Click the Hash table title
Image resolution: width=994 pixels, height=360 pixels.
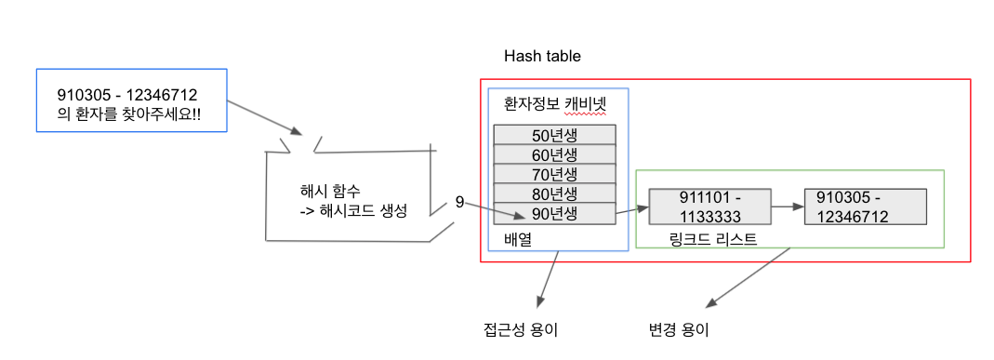(x=542, y=56)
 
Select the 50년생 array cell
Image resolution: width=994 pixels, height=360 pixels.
(x=555, y=133)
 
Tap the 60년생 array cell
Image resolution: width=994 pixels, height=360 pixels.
(x=555, y=153)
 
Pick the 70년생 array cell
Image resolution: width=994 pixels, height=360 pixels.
(x=555, y=174)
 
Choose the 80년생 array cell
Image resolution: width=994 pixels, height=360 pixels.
(x=555, y=194)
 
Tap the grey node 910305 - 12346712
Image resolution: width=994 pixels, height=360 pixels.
(x=866, y=207)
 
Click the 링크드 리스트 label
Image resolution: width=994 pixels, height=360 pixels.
(x=712, y=239)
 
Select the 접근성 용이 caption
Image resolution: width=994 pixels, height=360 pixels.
(x=521, y=329)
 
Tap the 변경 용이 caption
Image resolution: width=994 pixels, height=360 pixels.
(x=678, y=329)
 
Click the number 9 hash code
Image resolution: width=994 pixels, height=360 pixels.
(x=459, y=202)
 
